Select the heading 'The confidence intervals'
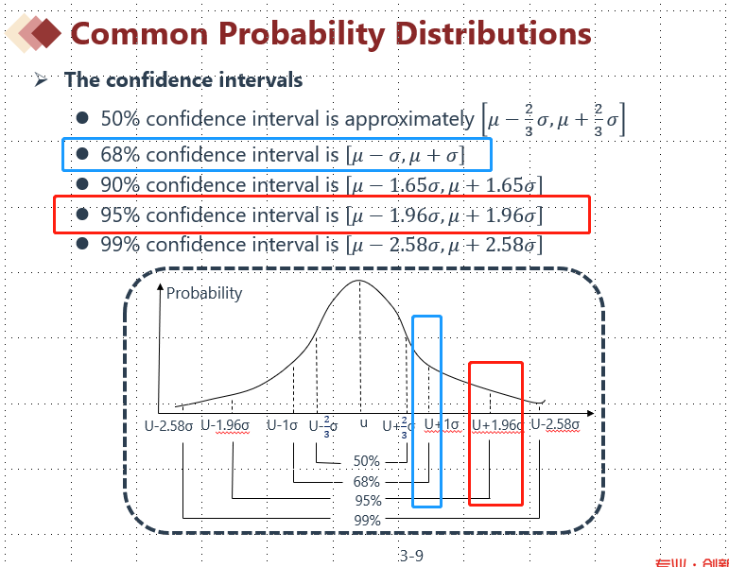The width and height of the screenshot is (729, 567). point(183,79)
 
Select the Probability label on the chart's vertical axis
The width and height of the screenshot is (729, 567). point(204,293)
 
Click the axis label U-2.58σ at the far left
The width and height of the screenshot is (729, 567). point(168,425)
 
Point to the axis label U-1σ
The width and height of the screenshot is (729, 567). point(283,425)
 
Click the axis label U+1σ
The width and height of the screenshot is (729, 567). point(442,425)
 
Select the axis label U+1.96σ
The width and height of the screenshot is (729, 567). point(497,425)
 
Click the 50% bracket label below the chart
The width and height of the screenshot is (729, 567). point(366,461)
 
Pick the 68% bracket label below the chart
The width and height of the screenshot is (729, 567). point(366,482)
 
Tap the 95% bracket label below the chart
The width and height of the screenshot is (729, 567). point(366,501)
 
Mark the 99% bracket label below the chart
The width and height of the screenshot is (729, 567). point(366,520)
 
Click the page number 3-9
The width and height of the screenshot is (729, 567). point(411,556)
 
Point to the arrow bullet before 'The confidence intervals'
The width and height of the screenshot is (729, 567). point(41,80)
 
